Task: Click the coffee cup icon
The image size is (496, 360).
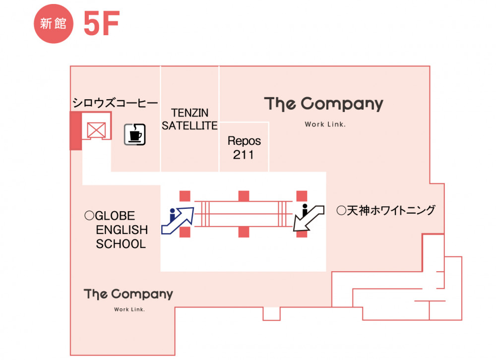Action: [x=134, y=134]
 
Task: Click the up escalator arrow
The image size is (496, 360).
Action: [x=178, y=219]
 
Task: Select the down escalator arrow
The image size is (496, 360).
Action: [x=308, y=218]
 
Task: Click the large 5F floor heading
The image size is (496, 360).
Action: [x=101, y=23]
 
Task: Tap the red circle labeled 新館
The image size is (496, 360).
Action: [x=53, y=24]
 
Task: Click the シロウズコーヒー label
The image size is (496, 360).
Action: [x=115, y=103]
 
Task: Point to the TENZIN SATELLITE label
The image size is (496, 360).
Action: [x=189, y=120]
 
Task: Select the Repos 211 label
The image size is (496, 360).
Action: [x=244, y=148]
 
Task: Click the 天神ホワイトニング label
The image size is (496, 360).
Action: [x=385, y=210]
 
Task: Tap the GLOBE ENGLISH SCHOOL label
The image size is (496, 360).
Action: [x=117, y=230]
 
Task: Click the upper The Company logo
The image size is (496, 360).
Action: [x=324, y=104]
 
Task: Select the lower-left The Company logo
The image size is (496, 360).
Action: [x=129, y=294]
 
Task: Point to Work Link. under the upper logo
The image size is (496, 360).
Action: [x=325, y=124]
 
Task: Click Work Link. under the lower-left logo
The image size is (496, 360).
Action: [x=129, y=310]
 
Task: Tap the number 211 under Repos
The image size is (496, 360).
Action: [x=244, y=155]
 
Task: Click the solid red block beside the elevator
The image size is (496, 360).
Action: [x=75, y=130]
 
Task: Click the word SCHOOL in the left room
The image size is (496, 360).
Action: [x=121, y=244]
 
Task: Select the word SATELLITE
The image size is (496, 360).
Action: [x=189, y=126]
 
